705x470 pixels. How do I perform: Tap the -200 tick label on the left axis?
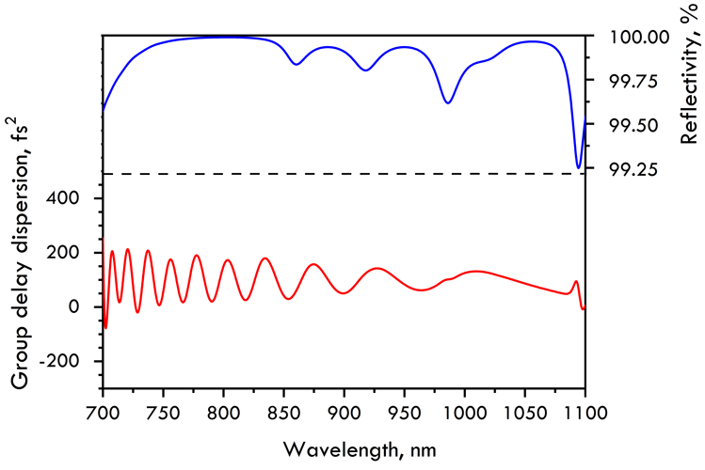[x=72, y=361]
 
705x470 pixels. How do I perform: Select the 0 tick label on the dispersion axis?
[x=85, y=307]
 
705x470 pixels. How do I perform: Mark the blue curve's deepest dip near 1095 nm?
[x=578, y=167]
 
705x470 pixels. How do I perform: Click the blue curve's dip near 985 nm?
[x=448, y=102]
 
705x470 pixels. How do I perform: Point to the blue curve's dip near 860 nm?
[x=296, y=64]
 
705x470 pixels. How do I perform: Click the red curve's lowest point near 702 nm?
[x=105, y=328]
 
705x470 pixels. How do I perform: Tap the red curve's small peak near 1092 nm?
[x=576, y=281]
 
